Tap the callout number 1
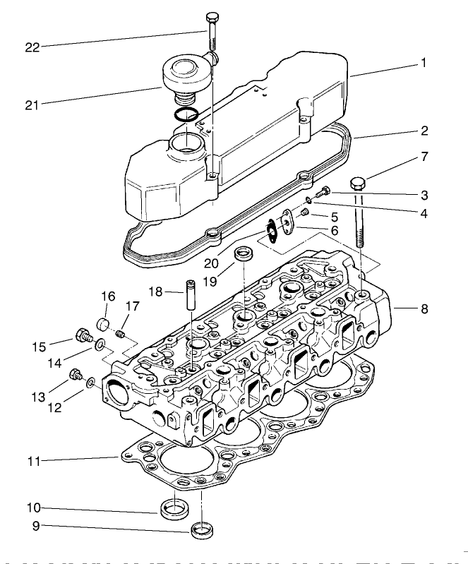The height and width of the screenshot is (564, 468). pyautogui.click(x=424, y=62)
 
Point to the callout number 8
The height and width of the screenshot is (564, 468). pyautogui.click(x=424, y=308)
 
